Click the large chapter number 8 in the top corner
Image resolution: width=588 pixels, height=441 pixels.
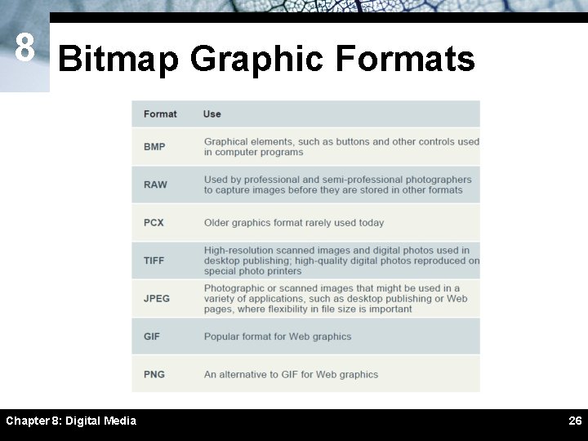pos(24,49)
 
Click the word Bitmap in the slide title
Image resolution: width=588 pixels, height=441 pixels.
pos(117,59)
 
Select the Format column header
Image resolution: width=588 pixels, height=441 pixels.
pos(160,114)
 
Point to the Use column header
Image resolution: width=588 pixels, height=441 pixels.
pos(212,114)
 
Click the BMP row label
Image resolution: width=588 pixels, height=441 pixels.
pos(154,147)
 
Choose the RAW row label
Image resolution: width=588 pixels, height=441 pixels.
pos(155,185)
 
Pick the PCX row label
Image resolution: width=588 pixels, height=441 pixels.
pos(154,222)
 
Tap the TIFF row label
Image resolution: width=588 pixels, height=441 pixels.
pos(154,261)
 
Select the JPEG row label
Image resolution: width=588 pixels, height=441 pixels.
pos(157,298)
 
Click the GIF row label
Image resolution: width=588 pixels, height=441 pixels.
pos(152,336)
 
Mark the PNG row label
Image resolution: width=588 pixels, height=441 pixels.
pos(154,374)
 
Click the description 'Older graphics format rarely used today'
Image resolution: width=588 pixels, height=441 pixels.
pos(294,222)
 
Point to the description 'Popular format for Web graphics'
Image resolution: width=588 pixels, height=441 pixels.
pos(278,336)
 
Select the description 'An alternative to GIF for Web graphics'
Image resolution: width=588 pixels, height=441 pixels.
pos(292,374)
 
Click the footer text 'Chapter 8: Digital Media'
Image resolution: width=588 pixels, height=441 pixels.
pos(71,421)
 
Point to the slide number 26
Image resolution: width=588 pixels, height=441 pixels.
pos(575,421)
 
